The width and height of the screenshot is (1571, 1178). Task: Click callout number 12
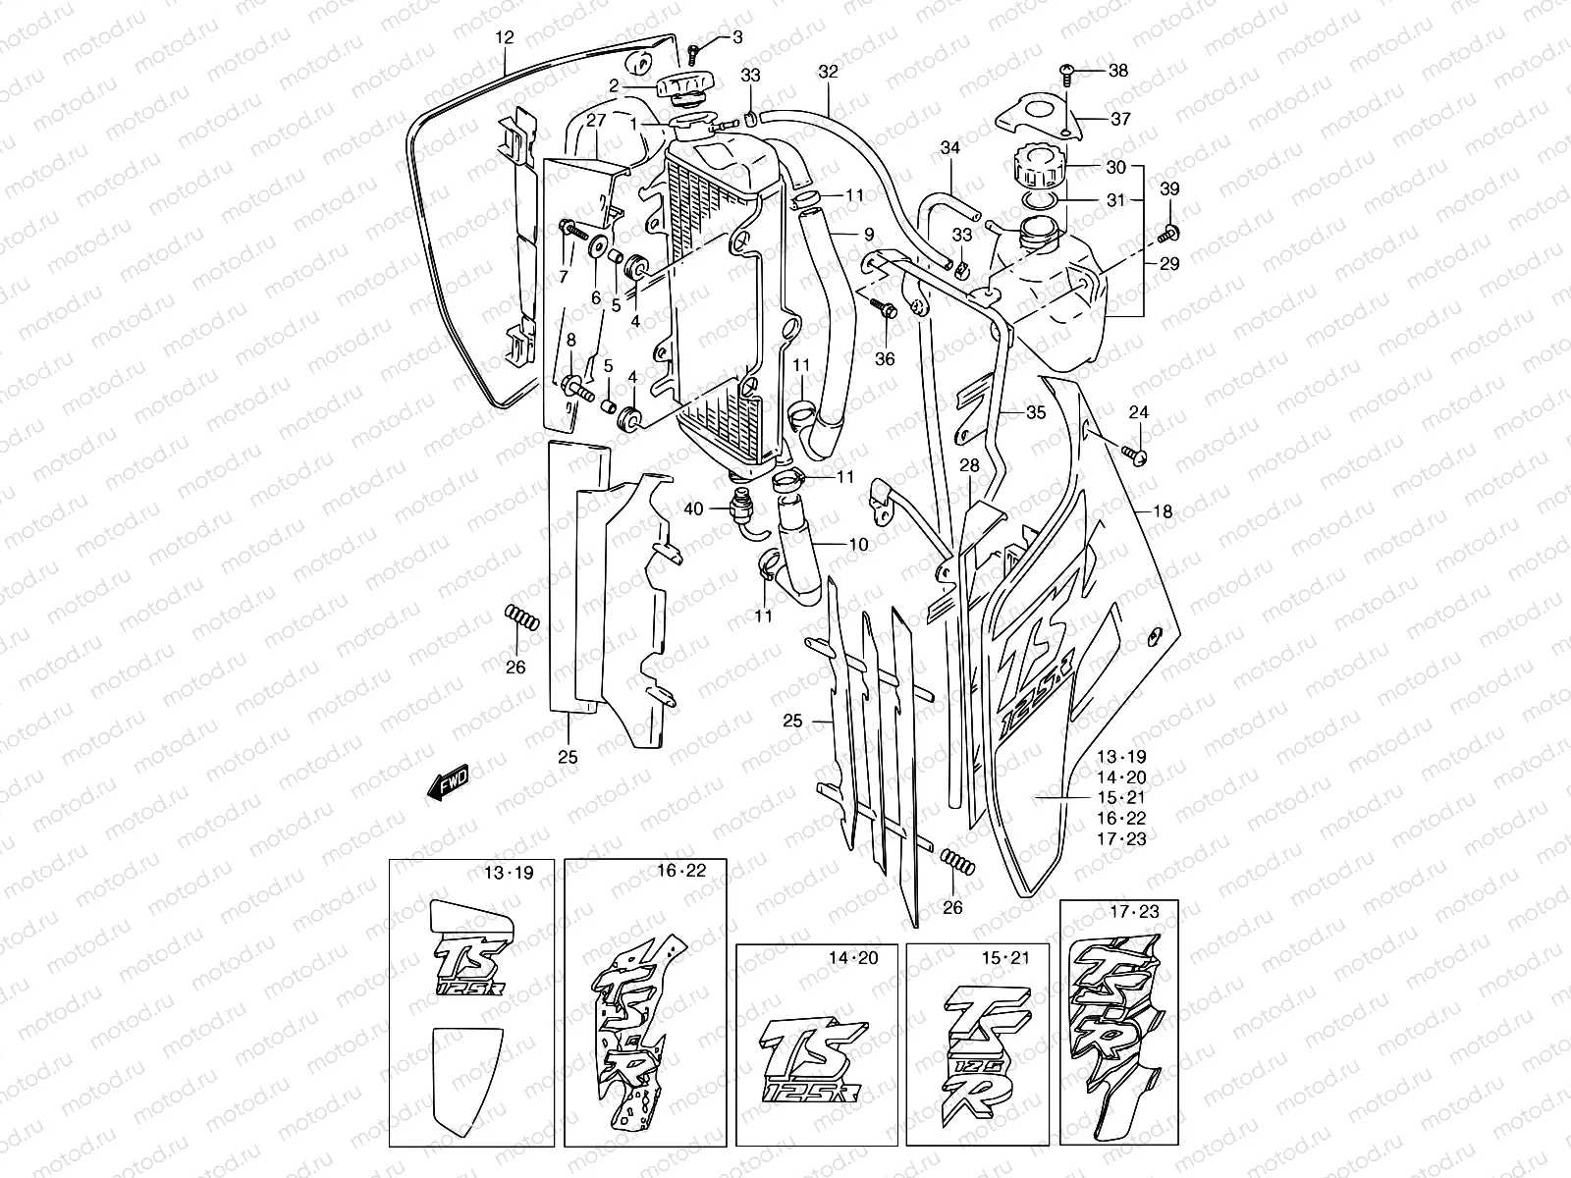point(504,38)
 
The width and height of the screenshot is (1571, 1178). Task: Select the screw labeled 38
point(1068,70)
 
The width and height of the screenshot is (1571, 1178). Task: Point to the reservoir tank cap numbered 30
point(1052,167)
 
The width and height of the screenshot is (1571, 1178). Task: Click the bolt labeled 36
point(886,308)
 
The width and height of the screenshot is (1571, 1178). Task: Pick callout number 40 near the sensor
point(694,509)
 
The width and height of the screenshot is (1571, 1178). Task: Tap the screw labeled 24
point(1137,454)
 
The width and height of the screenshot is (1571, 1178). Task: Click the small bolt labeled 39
point(1169,234)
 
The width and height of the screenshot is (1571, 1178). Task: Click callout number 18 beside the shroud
point(1163,511)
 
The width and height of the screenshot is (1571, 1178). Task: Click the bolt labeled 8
point(571,390)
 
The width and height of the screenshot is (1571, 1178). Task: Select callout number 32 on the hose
point(828,72)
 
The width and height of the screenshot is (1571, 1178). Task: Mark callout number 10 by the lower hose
point(858,543)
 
